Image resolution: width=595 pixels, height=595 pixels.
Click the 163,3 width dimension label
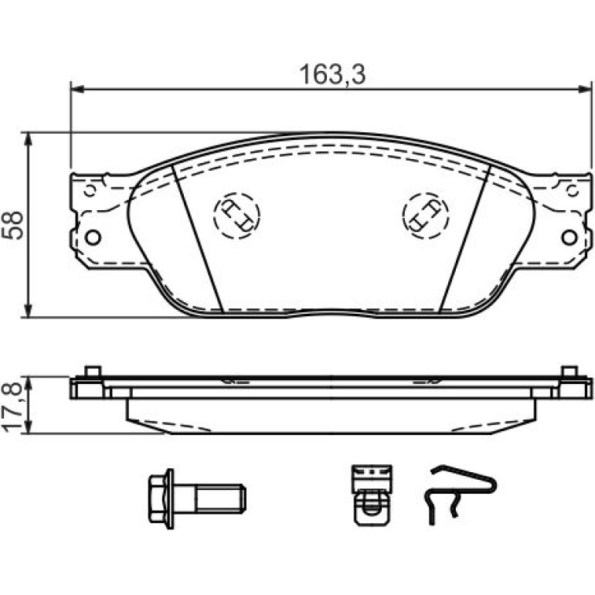click(332, 74)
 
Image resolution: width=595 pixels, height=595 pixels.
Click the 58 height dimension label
click(13, 225)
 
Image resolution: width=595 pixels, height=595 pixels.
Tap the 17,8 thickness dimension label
click(13, 406)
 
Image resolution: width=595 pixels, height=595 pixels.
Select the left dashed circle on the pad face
click(236, 215)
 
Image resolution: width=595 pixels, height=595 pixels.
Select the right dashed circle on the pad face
click(425, 215)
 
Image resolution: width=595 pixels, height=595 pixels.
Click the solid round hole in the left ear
click(93, 237)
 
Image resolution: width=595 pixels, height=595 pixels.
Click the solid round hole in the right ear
click(569, 237)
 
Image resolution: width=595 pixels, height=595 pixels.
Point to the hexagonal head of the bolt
click(158, 498)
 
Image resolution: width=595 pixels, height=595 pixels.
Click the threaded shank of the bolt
click(221, 498)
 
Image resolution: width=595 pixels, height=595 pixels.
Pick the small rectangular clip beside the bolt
click(372, 495)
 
